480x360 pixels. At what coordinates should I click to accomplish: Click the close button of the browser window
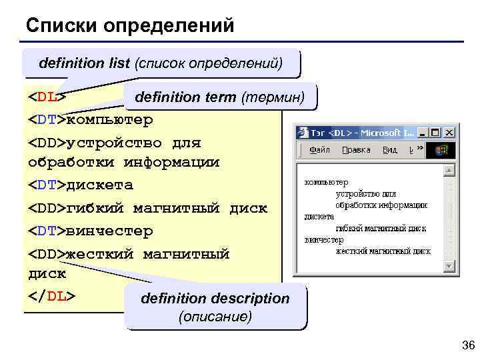click(449, 133)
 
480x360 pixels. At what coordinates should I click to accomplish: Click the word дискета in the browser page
click(319, 217)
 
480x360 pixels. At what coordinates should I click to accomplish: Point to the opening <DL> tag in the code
click(47, 97)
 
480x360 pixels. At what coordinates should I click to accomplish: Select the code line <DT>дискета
click(80, 185)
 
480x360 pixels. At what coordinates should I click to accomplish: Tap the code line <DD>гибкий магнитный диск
click(147, 209)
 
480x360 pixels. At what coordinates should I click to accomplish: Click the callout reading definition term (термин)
click(220, 97)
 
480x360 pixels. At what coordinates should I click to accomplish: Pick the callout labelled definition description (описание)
click(215, 307)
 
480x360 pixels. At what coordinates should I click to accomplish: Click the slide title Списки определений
click(130, 25)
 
